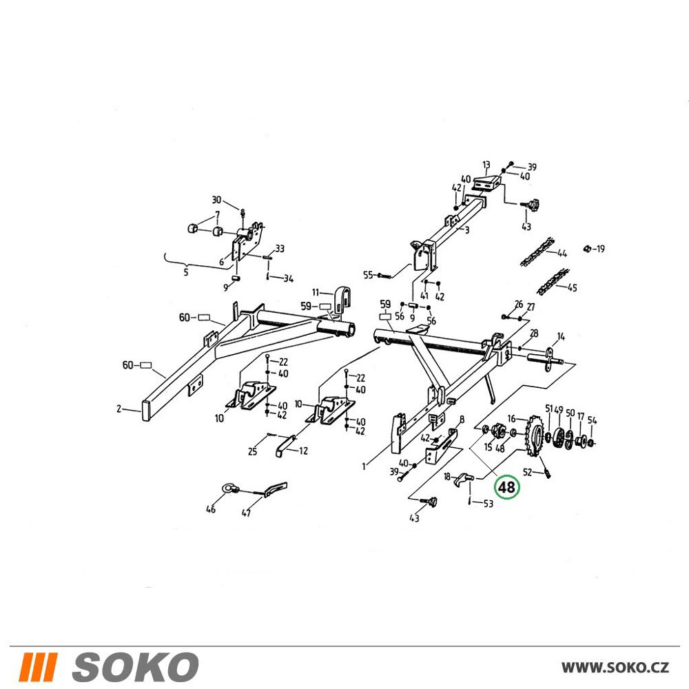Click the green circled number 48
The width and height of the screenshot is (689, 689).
pyautogui.click(x=506, y=487)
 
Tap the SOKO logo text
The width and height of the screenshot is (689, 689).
pyautogui.click(x=135, y=667)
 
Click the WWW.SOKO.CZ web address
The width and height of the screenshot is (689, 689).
pyautogui.click(x=615, y=668)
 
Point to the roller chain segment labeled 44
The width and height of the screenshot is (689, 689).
pyautogui.click(x=537, y=251)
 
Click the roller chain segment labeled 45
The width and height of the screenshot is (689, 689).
pyautogui.click(x=553, y=282)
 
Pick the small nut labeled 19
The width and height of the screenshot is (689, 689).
pyautogui.click(x=586, y=249)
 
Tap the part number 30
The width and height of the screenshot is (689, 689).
pyautogui.click(x=216, y=200)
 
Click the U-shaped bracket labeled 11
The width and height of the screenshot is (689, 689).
pyautogui.click(x=342, y=299)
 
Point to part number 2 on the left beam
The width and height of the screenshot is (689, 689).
pyautogui.click(x=119, y=409)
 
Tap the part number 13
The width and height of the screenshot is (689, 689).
pyautogui.click(x=486, y=165)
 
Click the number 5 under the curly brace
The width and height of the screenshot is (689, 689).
pyautogui.click(x=186, y=272)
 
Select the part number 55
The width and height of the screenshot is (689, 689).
pyautogui.click(x=368, y=275)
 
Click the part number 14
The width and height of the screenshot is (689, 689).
pyautogui.click(x=561, y=337)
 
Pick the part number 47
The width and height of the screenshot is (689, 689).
pyautogui.click(x=246, y=513)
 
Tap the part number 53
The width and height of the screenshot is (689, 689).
pyautogui.click(x=489, y=504)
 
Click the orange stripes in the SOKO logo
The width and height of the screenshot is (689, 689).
pyautogui.click(x=38, y=667)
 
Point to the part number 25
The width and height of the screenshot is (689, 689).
pyautogui.click(x=252, y=451)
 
